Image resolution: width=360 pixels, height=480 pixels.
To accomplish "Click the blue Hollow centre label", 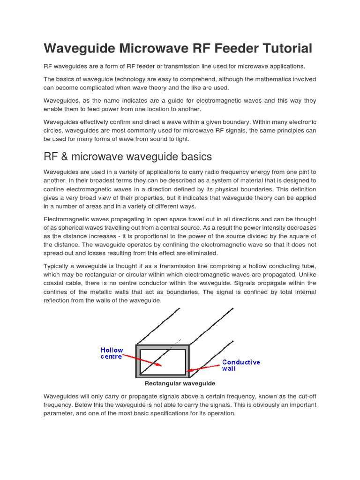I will pyautogui.click(x=112, y=353).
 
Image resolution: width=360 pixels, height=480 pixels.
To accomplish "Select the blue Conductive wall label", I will pyautogui.click(x=240, y=365).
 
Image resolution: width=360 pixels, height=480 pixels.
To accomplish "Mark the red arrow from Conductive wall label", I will pyautogui.click(x=204, y=367).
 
